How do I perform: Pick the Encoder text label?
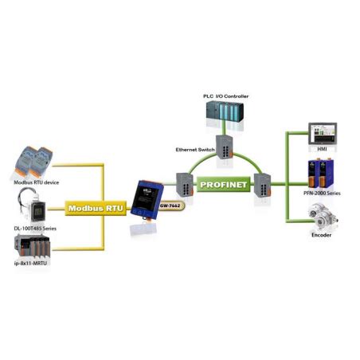(322, 236)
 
